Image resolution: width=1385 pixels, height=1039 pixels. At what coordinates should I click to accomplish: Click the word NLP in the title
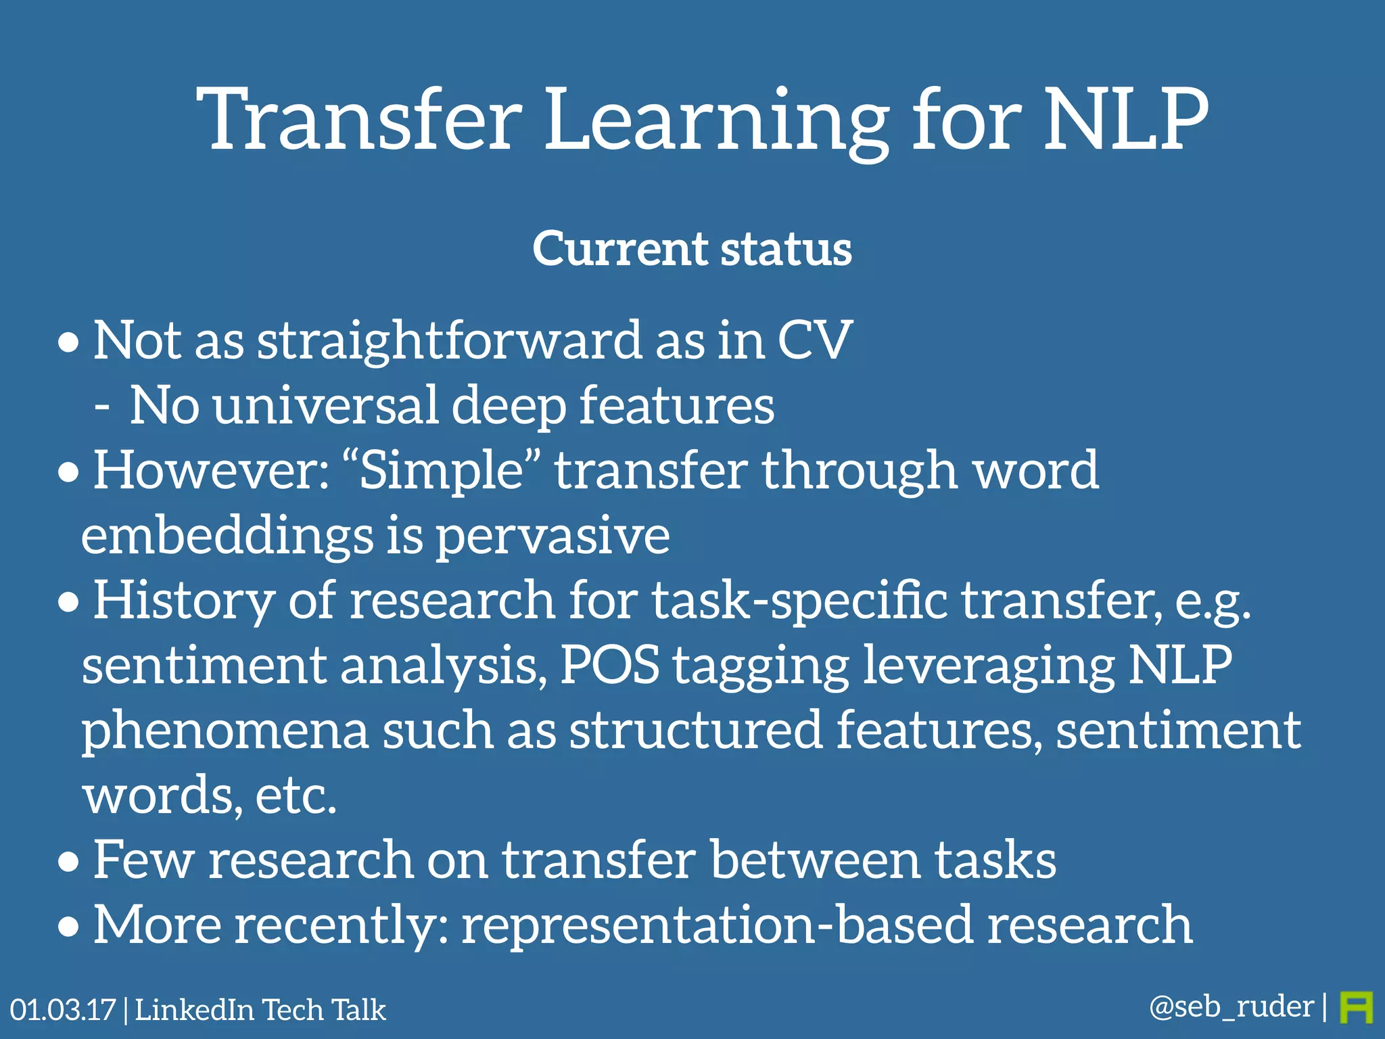[1126, 120]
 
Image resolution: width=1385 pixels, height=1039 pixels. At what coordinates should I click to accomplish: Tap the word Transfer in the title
[359, 120]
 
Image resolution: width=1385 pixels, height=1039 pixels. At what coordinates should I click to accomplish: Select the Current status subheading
[692, 249]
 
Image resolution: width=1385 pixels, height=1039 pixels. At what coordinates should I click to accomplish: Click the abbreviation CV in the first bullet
[814, 340]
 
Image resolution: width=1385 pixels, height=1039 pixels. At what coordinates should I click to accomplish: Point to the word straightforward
[450, 340]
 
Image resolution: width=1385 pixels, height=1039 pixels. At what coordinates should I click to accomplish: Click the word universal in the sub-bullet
[325, 405]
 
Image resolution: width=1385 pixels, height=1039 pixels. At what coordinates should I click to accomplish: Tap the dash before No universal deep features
[102, 407]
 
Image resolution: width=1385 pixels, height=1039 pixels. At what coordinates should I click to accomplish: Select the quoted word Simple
[441, 470]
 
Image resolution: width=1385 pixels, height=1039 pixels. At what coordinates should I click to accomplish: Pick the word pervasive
[552, 536]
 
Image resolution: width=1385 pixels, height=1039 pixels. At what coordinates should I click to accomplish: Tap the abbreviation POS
[609, 664]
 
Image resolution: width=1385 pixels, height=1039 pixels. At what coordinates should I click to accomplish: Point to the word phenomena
[225, 731]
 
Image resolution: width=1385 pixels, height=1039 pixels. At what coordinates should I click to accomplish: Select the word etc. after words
[296, 795]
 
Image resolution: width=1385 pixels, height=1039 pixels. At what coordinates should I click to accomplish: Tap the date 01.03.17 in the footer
[63, 1010]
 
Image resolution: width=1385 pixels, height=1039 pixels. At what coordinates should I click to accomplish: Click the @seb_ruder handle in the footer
[1231, 1007]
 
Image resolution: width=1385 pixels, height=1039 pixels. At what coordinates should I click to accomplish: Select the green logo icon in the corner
[1356, 1007]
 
